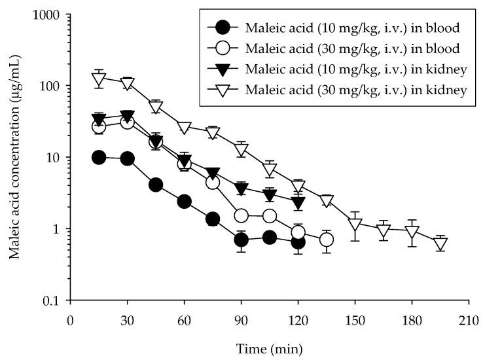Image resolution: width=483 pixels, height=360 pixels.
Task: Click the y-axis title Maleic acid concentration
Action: click(14, 157)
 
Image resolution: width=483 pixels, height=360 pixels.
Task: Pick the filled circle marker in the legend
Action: click(223, 27)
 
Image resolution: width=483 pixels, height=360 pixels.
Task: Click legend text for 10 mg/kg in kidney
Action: click(356, 69)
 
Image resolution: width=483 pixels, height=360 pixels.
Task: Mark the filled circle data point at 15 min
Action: click(99, 158)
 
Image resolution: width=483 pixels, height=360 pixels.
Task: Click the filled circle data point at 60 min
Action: click(184, 202)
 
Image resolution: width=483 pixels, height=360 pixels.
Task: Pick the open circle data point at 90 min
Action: click(241, 216)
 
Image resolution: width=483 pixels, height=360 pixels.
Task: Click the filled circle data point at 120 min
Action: click(298, 242)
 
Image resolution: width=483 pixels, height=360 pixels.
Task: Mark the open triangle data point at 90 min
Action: click(241, 150)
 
